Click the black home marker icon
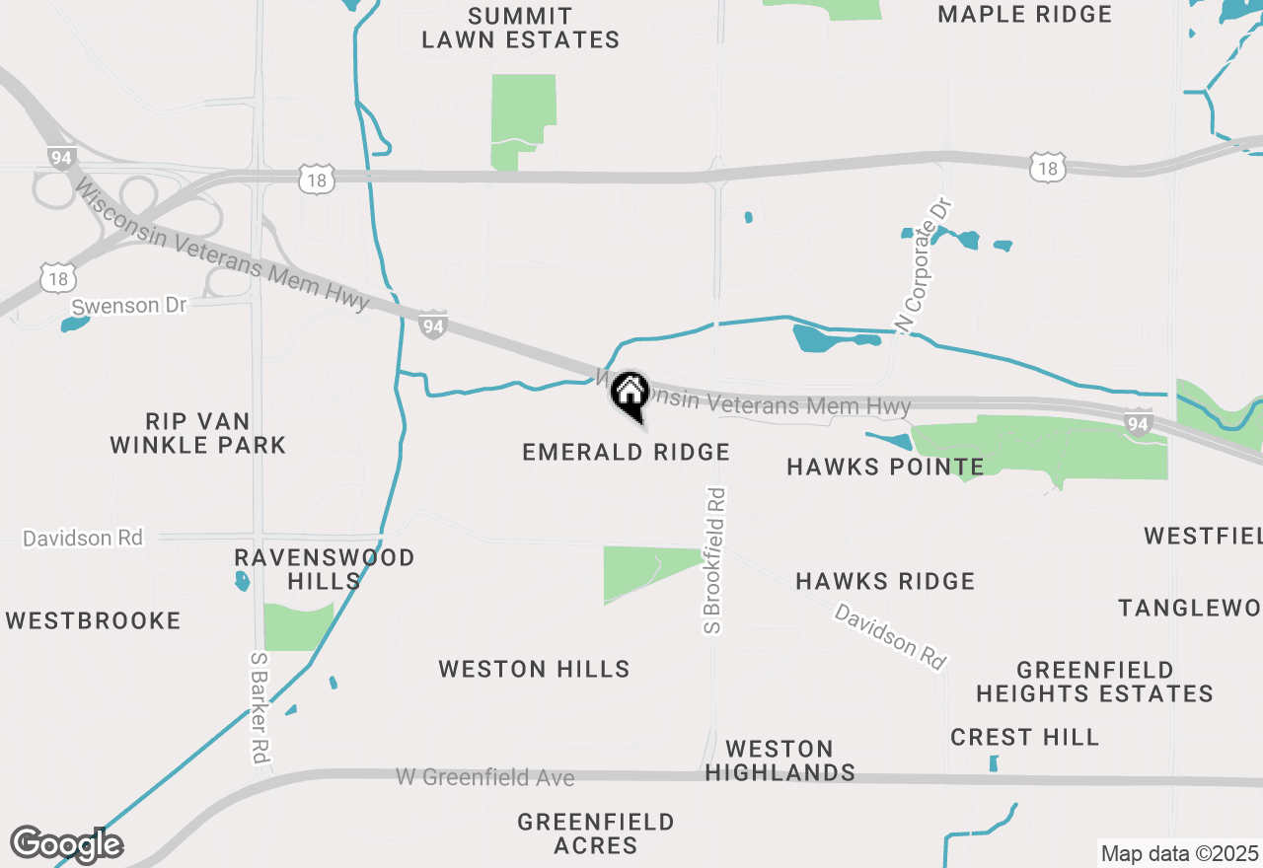pyautogui.click(x=630, y=395)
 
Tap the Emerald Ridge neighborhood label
pyautogui.click(x=626, y=452)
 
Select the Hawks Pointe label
pyautogui.click(x=885, y=467)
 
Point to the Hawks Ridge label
pyautogui.click(x=885, y=581)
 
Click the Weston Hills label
pyautogui.click(x=534, y=669)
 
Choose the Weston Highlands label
pyautogui.click(x=780, y=760)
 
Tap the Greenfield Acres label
pyautogui.click(x=596, y=833)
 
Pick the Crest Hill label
pyautogui.click(x=1024, y=737)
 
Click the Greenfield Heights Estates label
pyautogui.click(x=1094, y=682)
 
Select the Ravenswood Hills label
pyautogui.click(x=325, y=569)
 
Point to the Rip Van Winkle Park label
pyautogui.click(x=197, y=433)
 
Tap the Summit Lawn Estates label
pyautogui.click(x=520, y=28)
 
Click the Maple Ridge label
pyautogui.click(x=1024, y=14)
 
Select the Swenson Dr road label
pyautogui.click(x=128, y=306)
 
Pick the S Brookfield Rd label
pyautogui.click(x=714, y=560)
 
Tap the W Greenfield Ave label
pyautogui.click(x=484, y=777)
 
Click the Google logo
pyautogui.click(x=66, y=845)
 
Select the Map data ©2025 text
pyautogui.click(x=1179, y=853)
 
